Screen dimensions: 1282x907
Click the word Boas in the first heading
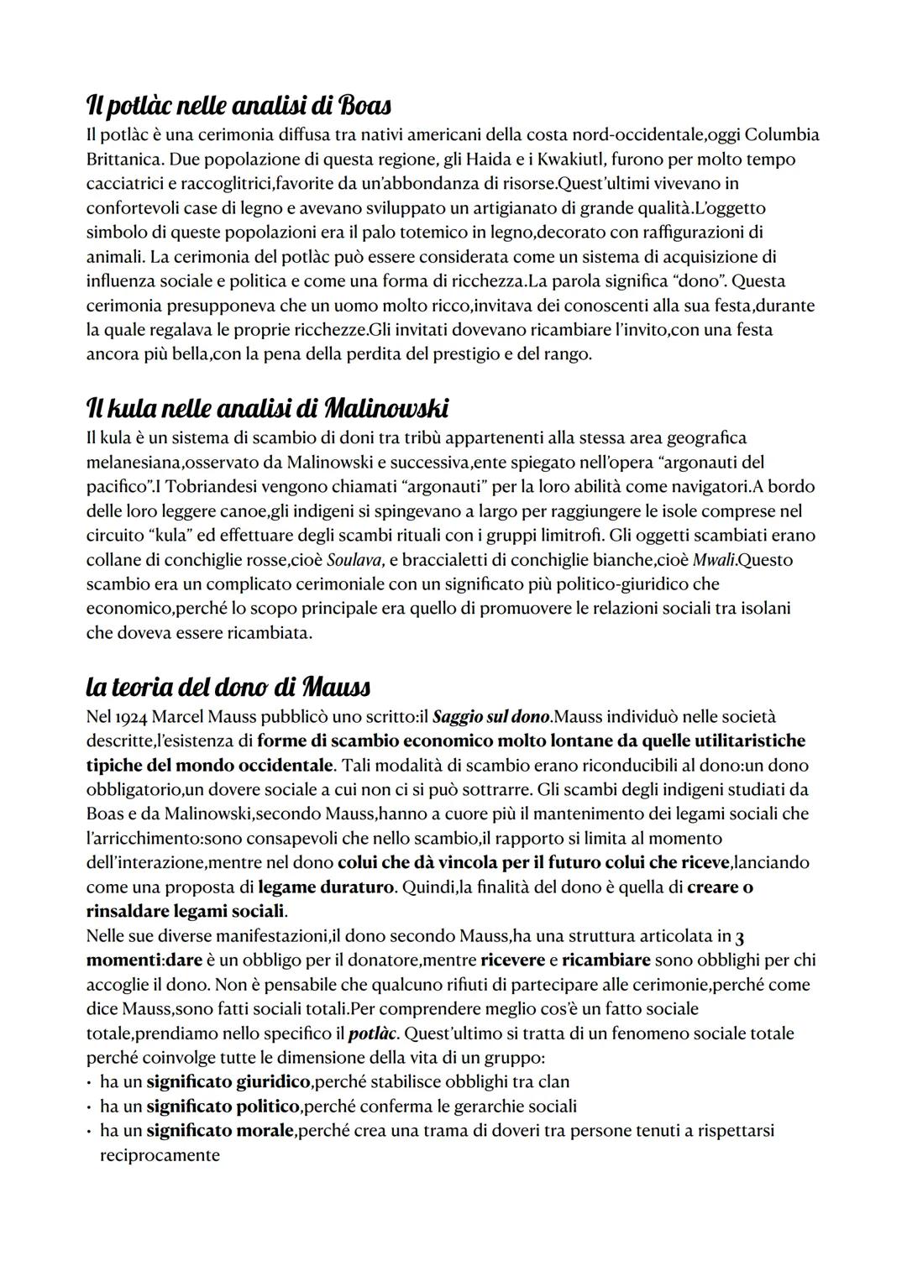(x=363, y=107)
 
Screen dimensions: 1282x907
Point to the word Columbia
(x=782, y=134)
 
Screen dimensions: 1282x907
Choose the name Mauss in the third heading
(x=335, y=688)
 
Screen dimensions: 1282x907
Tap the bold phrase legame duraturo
(x=326, y=887)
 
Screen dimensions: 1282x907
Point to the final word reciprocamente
(x=160, y=1154)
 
